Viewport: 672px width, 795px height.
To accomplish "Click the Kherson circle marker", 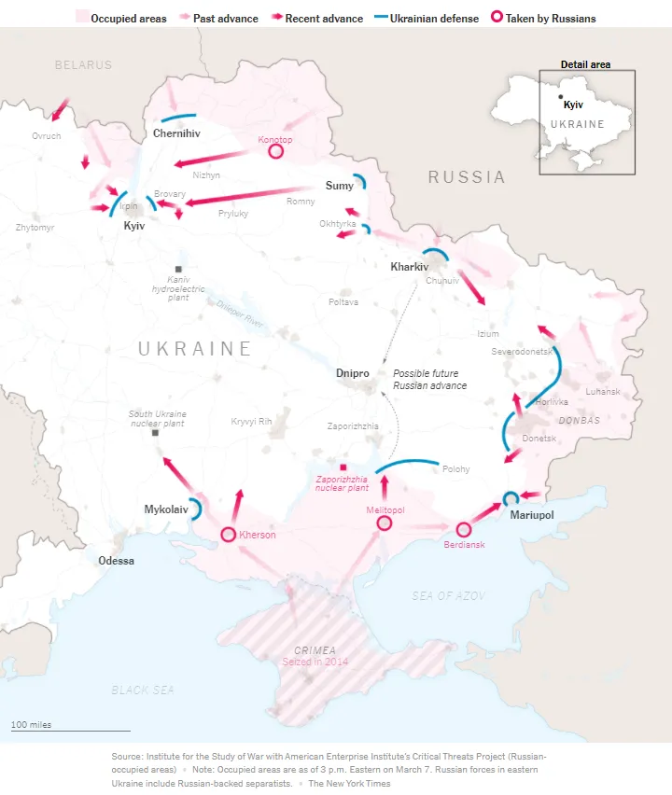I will click(228, 535).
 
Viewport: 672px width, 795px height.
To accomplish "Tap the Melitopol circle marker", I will click(384, 524).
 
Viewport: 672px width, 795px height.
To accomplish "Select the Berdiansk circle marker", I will click(463, 529).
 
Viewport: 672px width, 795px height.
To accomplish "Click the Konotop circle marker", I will click(275, 150).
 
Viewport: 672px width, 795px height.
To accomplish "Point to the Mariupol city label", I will click(531, 515).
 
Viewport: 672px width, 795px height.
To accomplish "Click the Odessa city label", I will click(117, 561).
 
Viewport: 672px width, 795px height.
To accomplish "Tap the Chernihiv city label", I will click(176, 133).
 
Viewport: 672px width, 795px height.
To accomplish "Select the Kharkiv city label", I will click(409, 267).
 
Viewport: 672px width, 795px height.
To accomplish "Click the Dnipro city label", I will click(353, 373).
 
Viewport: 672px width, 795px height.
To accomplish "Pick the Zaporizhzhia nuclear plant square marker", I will click(343, 467).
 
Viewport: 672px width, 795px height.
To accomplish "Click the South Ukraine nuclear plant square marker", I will click(155, 433).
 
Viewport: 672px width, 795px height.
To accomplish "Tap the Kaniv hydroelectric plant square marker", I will click(177, 269).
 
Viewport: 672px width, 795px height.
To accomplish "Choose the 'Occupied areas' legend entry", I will click(121, 19).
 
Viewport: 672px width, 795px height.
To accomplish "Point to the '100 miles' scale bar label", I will click(31, 725).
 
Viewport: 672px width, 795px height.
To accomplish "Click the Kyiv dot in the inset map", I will click(560, 96).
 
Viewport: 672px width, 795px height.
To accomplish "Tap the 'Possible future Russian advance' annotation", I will click(429, 380).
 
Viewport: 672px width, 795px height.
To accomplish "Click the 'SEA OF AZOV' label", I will click(449, 595).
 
